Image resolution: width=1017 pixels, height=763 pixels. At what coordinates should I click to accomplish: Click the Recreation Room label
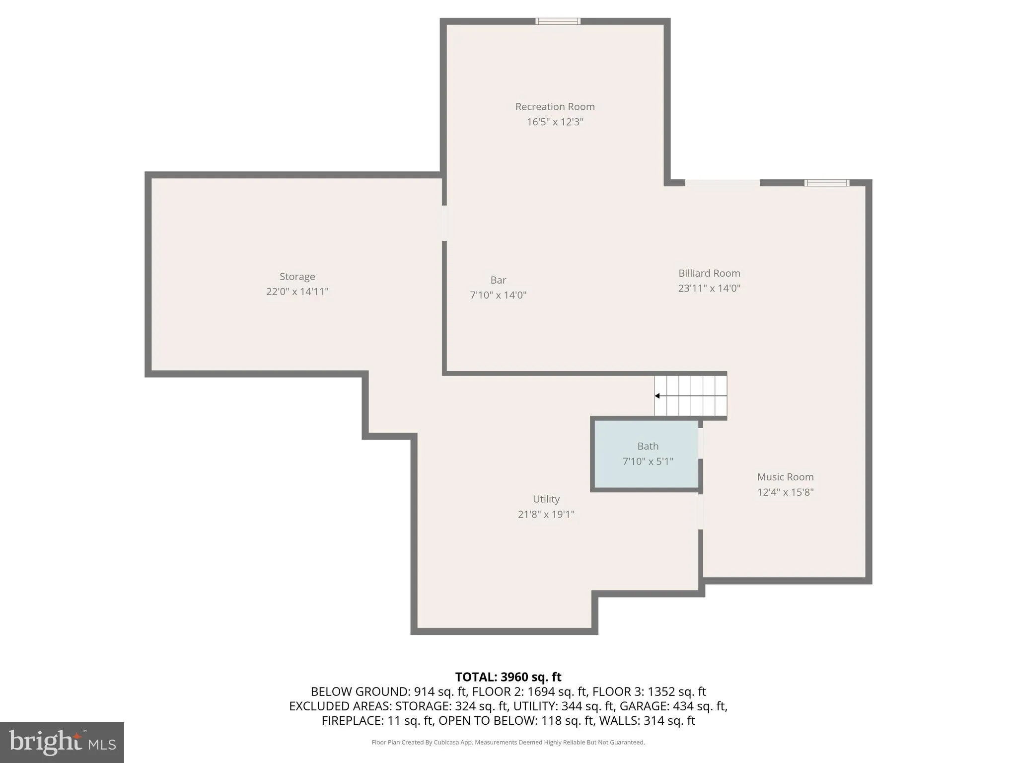(x=555, y=106)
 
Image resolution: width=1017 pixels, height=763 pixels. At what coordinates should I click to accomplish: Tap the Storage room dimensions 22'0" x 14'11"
(x=297, y=292)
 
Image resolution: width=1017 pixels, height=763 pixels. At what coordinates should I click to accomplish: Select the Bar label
(x=498, y=280)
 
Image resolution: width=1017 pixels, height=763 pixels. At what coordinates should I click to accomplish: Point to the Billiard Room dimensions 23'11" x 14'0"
(x=709, y=288)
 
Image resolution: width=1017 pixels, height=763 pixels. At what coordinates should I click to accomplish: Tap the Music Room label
(x=785, y=477)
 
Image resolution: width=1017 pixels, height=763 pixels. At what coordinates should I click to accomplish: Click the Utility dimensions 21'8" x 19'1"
(x=546, y=514)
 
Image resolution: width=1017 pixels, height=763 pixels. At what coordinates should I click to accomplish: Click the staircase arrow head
(x=657, y=396)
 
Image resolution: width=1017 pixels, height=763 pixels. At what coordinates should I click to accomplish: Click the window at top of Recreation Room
(x=558, y=21)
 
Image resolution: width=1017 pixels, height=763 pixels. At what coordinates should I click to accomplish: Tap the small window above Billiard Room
(x=827, y=183)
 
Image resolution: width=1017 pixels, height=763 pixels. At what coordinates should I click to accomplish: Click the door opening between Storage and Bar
(x=444, y=223)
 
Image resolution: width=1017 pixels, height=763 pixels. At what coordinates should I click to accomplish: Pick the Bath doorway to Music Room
(x=701, y=443)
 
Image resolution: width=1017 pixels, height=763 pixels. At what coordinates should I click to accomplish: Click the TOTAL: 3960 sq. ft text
(x=508, y=677)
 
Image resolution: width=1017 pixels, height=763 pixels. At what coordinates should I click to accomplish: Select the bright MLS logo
(x=62, y=742)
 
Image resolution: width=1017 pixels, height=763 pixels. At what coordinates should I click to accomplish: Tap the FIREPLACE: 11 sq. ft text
(x=377, y=720)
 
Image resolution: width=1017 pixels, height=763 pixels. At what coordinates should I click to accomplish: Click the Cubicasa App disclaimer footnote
(x=508, y=742)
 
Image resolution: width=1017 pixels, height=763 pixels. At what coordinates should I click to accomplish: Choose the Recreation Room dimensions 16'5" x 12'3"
(x=555, y=122)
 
